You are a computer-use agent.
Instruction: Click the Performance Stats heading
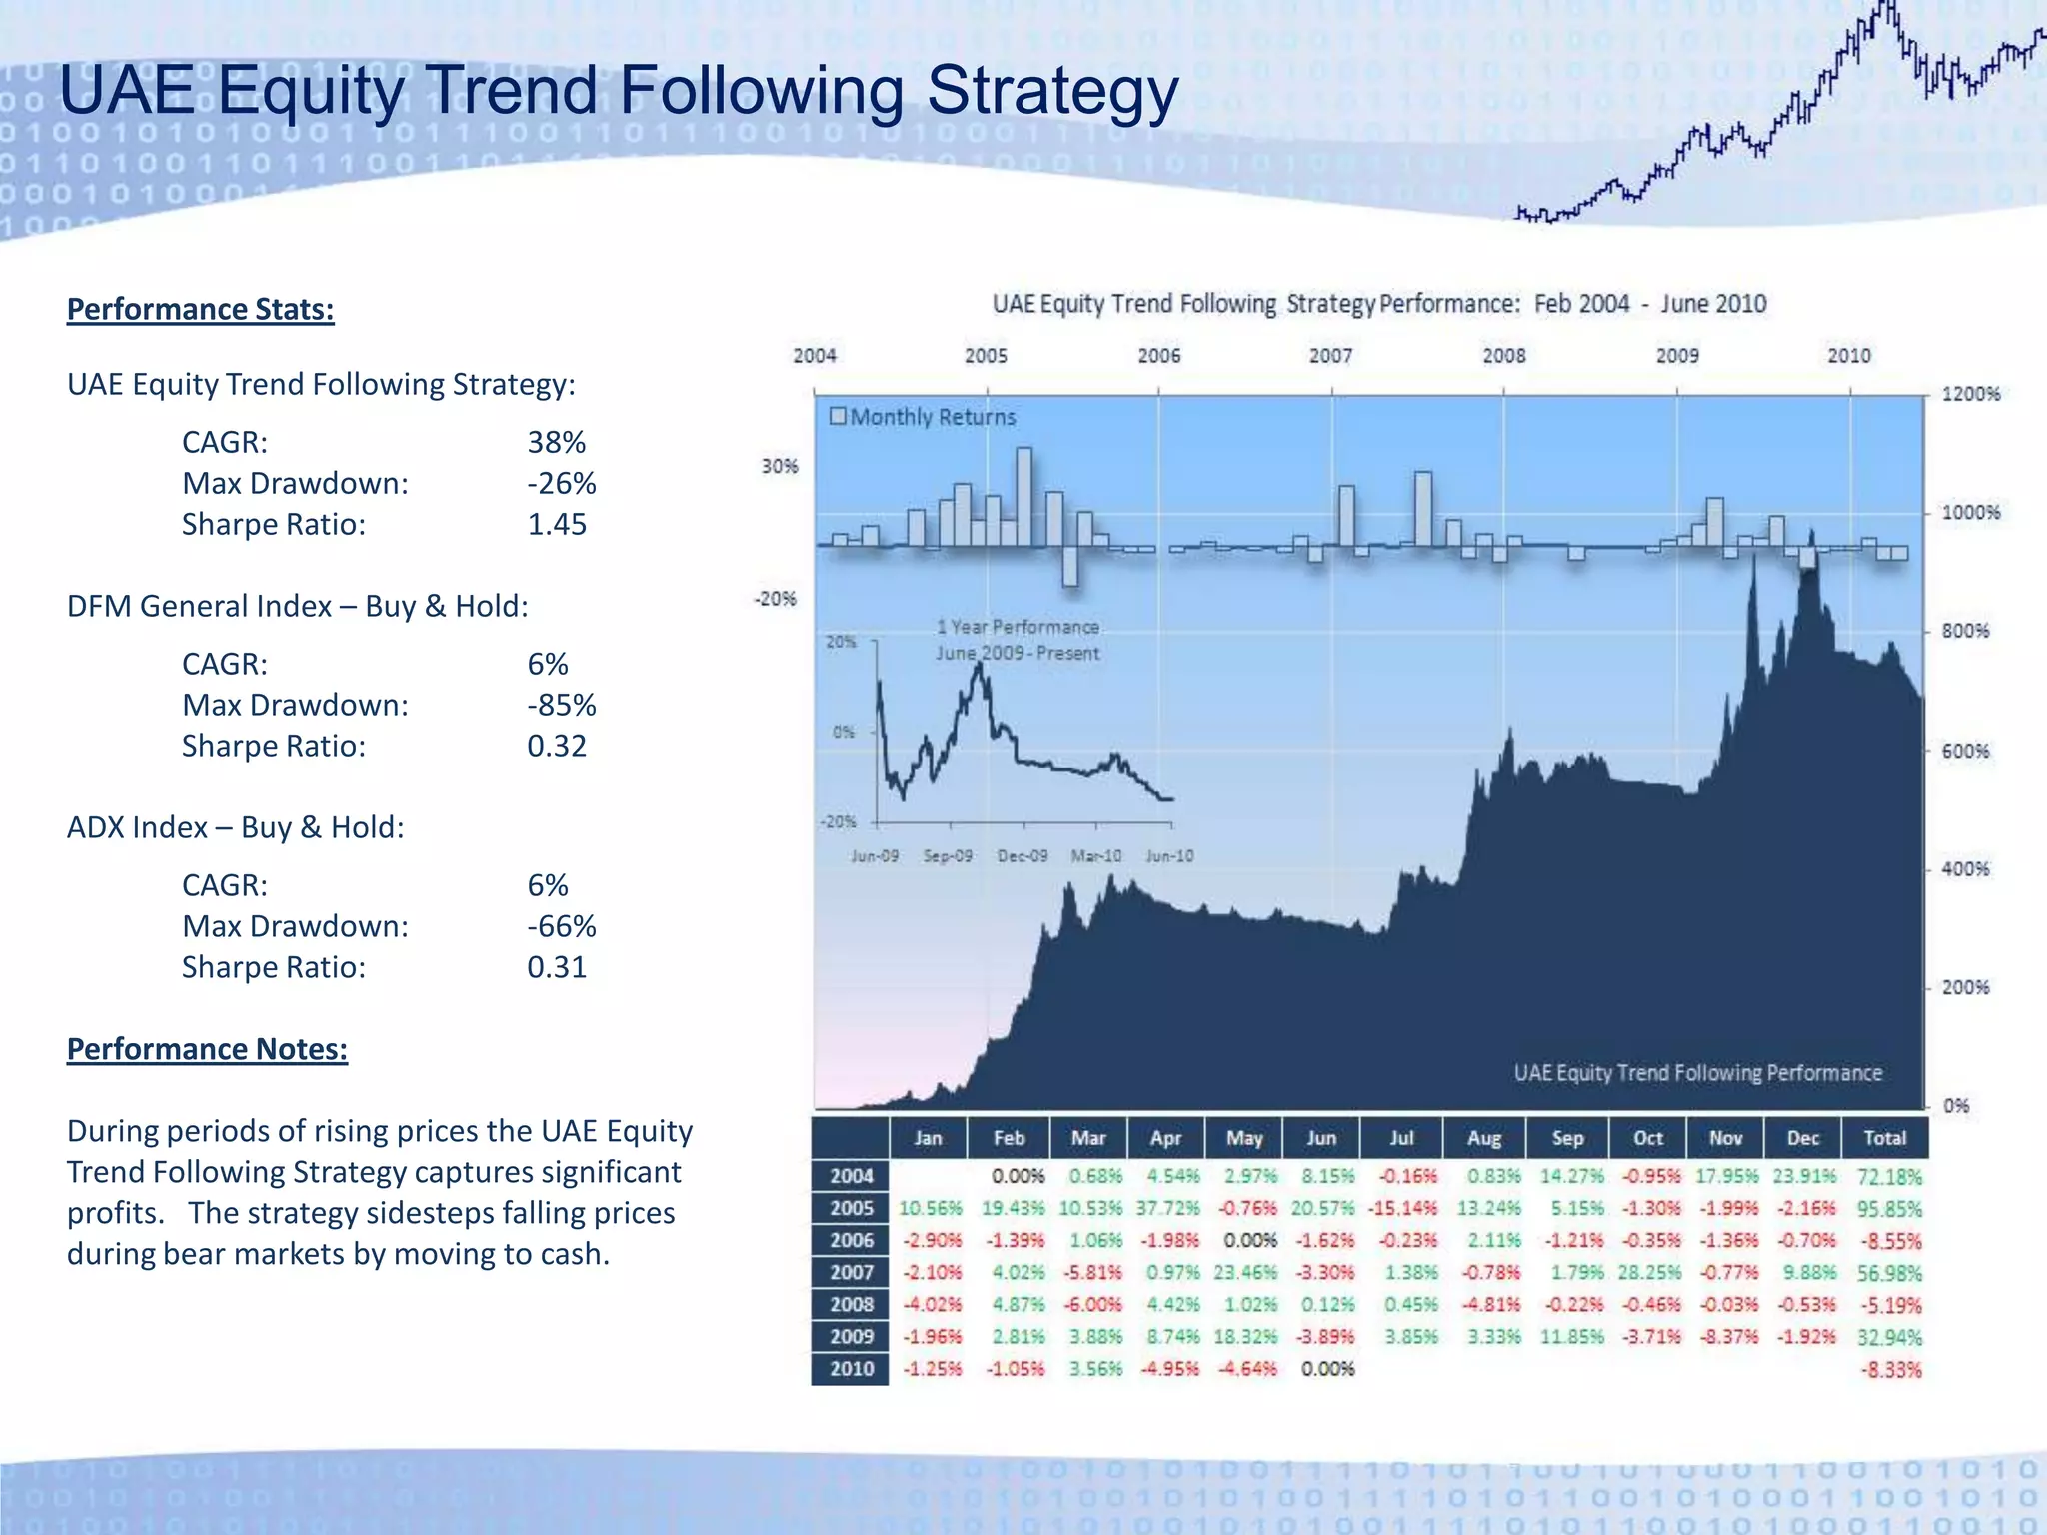(x=200, y=309)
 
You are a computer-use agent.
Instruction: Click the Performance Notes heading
(x=207, y=1049)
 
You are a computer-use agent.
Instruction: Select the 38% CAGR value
(x=556, y=442)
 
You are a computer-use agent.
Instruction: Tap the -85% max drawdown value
(x=561, y=705)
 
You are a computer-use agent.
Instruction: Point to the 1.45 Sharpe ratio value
(x=557, y=524)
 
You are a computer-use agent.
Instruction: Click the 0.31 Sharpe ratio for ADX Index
(x=557, y=967)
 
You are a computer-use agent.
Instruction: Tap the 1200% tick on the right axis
(x=1970, y=394)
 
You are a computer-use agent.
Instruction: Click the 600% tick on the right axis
(x=1965, y=751)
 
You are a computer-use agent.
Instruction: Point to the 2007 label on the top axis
(x=1330, y=356)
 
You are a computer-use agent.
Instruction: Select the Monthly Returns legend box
(x=838, y=416)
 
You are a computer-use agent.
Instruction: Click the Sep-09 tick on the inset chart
(x=948, y=856)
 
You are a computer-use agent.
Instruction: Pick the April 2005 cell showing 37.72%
(x=1166, y=1209)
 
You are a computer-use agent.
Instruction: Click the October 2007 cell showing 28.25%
(x=1648, y=1273)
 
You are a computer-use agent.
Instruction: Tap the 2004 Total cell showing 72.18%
(x=1888, y=1177)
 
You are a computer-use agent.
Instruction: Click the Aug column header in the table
(x=1484, y=1138)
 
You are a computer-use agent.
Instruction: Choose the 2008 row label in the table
(x=851, y=1305)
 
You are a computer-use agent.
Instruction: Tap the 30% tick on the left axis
(x=780, y=466)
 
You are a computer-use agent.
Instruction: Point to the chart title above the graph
(x=1378, y=304)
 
